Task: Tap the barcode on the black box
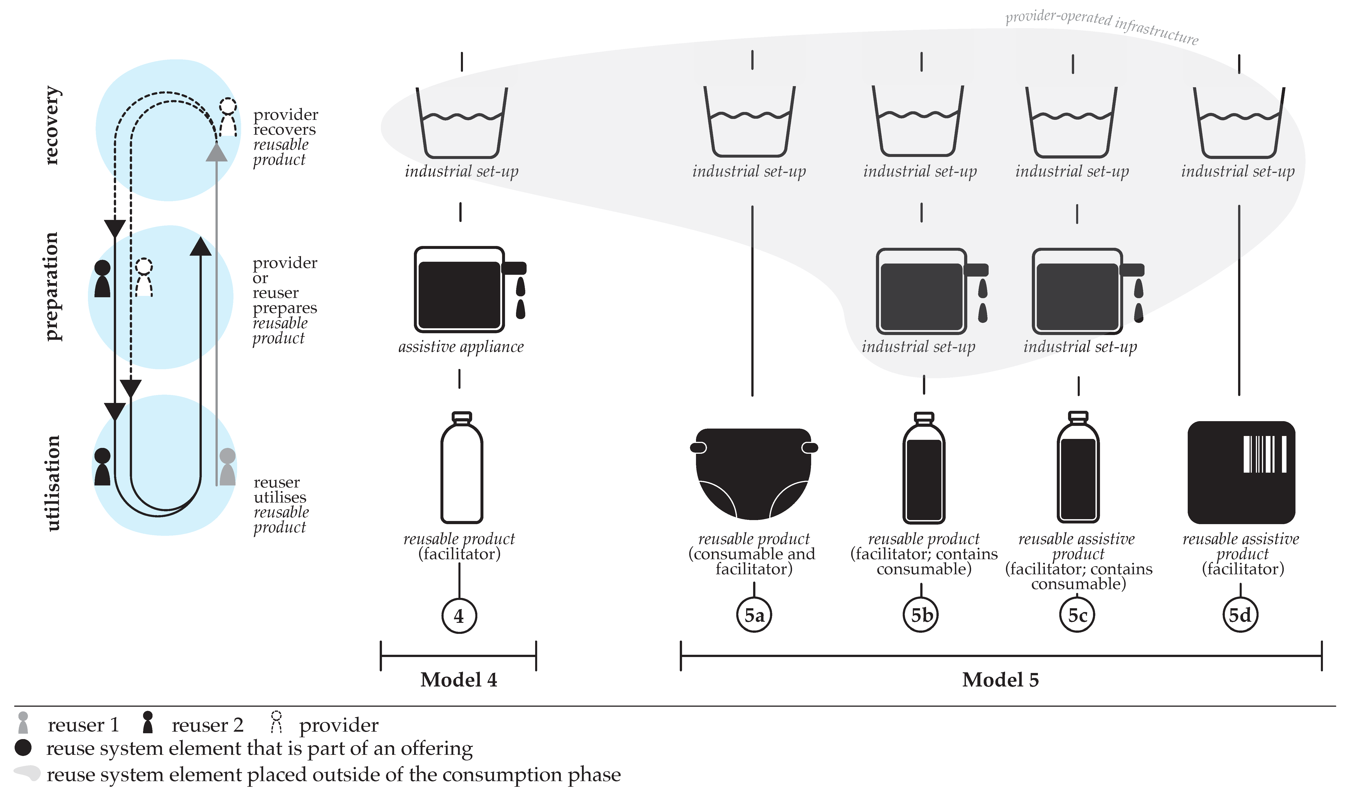point(1265,454)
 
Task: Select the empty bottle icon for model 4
point(462,468)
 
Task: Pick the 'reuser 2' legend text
point(207,725)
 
